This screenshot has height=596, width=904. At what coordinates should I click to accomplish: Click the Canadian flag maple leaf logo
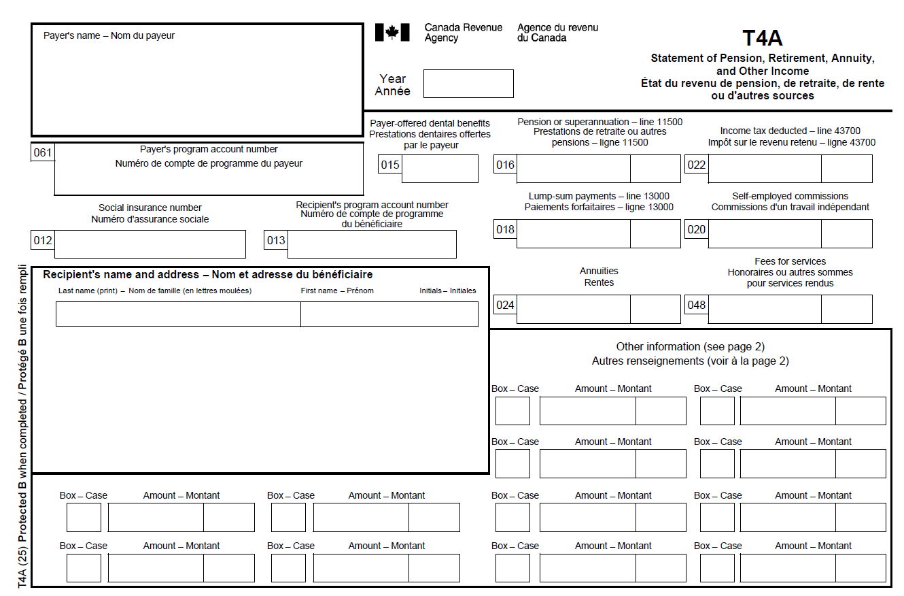coord(392,32)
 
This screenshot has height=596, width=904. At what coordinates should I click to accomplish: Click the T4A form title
coord(762,38)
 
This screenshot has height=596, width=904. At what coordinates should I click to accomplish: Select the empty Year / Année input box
coord(468,84)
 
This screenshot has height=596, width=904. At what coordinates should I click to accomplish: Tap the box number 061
coord(43,152)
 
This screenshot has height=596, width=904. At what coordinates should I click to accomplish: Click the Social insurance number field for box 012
coord(150,244)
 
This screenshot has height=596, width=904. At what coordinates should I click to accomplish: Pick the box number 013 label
coord(276,240)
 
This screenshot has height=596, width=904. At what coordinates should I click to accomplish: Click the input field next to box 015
coord(440,169)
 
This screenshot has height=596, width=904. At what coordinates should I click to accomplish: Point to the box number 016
coord(505,165)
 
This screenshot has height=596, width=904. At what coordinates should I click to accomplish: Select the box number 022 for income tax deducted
coord(697,165)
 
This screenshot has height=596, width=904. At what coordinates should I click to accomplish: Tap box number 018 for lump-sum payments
coord(505,229)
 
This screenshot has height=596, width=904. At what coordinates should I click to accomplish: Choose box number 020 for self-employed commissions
coord(697,229)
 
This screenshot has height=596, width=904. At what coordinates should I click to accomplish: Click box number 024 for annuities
coord(505,305)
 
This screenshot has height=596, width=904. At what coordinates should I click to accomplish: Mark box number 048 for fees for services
coord(697,305)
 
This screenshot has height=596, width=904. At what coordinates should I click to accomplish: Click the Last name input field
coord(178,314)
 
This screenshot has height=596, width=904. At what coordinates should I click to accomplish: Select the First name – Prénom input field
coord(389,314)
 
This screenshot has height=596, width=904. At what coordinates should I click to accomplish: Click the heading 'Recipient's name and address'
coord(207,275)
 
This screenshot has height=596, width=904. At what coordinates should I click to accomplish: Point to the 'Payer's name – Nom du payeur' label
coord(109,35)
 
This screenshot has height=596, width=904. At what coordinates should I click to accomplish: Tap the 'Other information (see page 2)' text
coord(690,347)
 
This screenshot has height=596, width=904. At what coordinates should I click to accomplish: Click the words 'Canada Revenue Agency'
coord(463,33)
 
